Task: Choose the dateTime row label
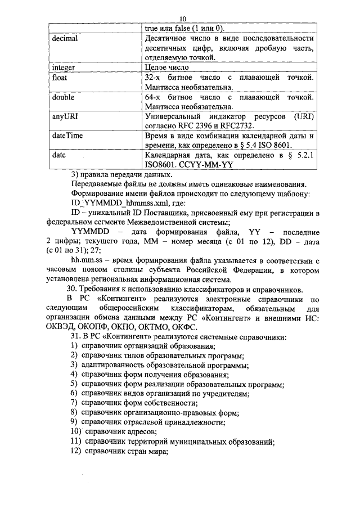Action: point(66,136)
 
